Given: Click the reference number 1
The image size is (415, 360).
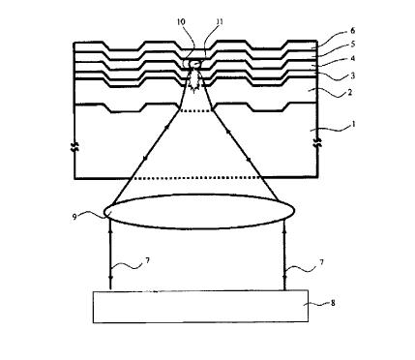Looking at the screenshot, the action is (x=354, y=124).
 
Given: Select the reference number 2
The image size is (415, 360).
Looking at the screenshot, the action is (x=350, y=93).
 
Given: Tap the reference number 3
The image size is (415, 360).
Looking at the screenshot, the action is (x=353, y=75).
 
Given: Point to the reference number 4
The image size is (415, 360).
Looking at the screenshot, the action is (x=353, y=58).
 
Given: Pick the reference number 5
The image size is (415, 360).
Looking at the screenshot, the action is (x=353, y=45).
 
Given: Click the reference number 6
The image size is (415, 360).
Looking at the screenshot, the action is (x=353, y=31).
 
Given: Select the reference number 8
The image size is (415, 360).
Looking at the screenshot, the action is (x=333, y=303).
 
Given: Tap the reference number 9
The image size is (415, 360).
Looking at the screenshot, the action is (x=74, y=217).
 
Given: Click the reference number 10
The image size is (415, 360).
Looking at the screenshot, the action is (x=181, y=22).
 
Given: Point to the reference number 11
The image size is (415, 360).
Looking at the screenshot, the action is (x=220, y=22).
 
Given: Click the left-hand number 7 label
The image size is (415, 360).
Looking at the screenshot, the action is (x=147, y=260).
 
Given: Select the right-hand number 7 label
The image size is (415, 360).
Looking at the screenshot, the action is (x=321, y=262).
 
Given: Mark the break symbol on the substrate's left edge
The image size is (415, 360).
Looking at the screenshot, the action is (x=74, y=147).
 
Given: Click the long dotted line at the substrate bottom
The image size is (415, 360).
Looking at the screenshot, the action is (x=196, y=178).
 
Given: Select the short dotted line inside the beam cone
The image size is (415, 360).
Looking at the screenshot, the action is (x=196, y=111).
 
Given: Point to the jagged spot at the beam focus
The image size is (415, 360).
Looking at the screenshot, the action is (x=194, y=81).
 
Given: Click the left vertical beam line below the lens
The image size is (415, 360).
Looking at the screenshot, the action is (x=110, y=255).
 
